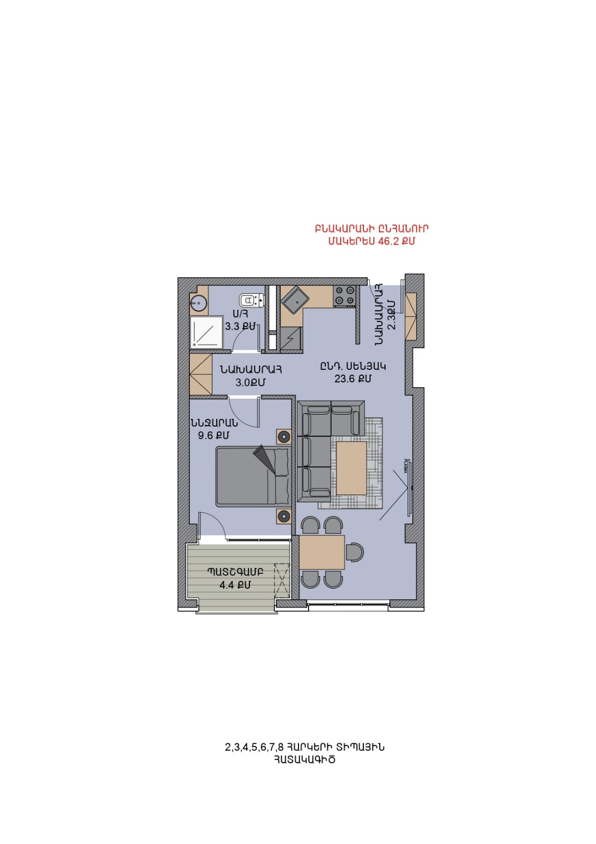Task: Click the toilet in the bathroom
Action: tap(252, 300)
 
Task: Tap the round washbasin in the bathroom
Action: tap(198, 303)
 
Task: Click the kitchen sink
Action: tap(296, 300)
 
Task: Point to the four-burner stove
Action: tap(345, 295)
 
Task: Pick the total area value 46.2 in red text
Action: tap(388, 241)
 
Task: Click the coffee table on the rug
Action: tap(351, 467)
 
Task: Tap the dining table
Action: tap(322, 552)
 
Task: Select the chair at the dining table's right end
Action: tap(354, 552)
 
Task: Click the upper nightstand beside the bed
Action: tap(284, 437)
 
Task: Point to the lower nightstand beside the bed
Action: tap(284, 516)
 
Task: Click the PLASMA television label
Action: tap(406, 466)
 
